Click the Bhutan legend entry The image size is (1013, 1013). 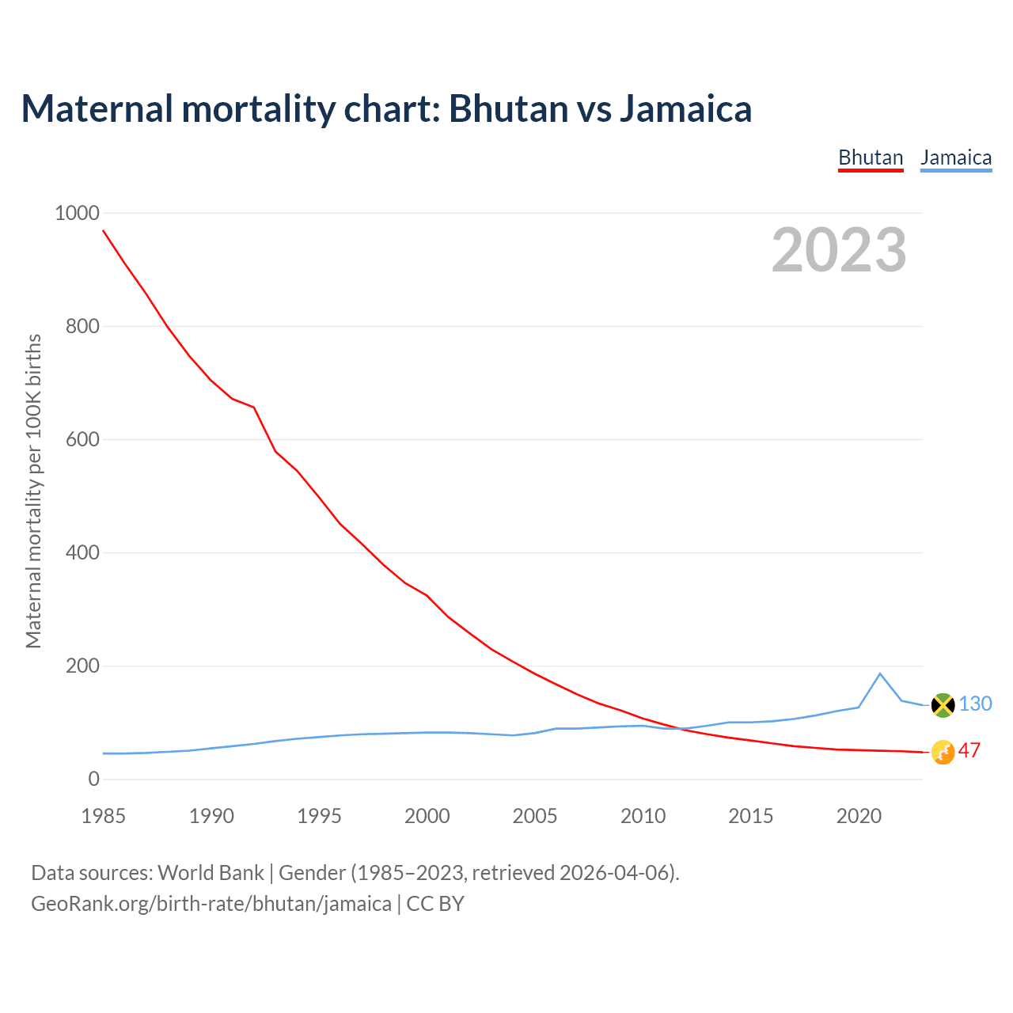coord(871,157)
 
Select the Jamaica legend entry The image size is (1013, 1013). coord(956,157)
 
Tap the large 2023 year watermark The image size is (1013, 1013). coord(839,249)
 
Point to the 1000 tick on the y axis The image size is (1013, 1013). coord(77,213)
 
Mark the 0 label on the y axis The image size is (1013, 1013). coord(93,779)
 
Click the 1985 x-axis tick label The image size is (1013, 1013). coord(103,815)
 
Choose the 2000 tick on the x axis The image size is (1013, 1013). coord(427,815)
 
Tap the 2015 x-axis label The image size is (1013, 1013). coord(750,815)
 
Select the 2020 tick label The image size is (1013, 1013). coord(859,815)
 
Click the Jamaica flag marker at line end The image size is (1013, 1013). coord(943,704)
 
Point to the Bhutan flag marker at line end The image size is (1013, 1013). coord(943,752)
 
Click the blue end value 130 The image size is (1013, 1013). coord(975,704)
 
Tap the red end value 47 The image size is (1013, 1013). coord(969,750)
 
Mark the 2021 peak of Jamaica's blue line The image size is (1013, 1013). coord(880,673)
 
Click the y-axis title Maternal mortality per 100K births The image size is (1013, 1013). coord(33,491)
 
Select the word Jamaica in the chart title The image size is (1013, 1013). coord(685,108)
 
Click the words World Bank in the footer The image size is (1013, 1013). coord(211,872)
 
